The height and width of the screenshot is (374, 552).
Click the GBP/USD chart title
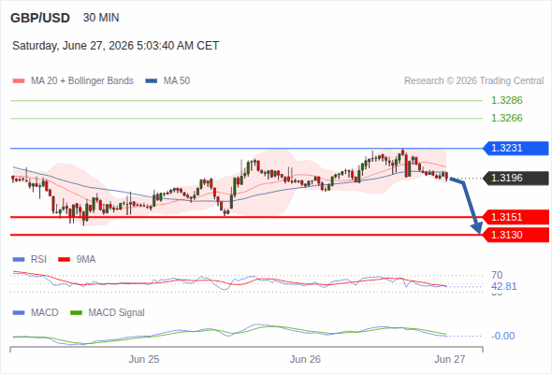coord(40,18)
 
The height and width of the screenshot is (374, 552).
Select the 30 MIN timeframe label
coord(101,18)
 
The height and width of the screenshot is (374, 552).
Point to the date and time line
coord(115,46)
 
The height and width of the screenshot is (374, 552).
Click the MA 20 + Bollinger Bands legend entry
coord(73,81)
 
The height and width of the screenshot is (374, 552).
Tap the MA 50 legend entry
coord(167,81)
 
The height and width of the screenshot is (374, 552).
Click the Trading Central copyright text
coord(473,81)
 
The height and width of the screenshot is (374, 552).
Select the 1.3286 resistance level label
coord(506,100)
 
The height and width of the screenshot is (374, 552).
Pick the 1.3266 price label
coord(506,118)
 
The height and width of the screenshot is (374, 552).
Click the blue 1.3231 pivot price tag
coord(516,148)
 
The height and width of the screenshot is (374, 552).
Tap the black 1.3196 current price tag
coord(516,178)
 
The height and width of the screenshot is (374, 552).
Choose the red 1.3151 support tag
coord(516,217)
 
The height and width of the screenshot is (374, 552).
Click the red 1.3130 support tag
coord(516,235)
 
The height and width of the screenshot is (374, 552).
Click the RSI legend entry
coord(30,260)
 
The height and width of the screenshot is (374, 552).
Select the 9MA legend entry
coord(77,260)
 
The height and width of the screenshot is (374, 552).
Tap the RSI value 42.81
coord(503,286)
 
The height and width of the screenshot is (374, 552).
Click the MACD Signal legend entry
coord(108,313)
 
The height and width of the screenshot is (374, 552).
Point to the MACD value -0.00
coord(502,336)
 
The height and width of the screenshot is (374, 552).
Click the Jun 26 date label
coord(305,359)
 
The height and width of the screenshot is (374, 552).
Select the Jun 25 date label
coord(144,359)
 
